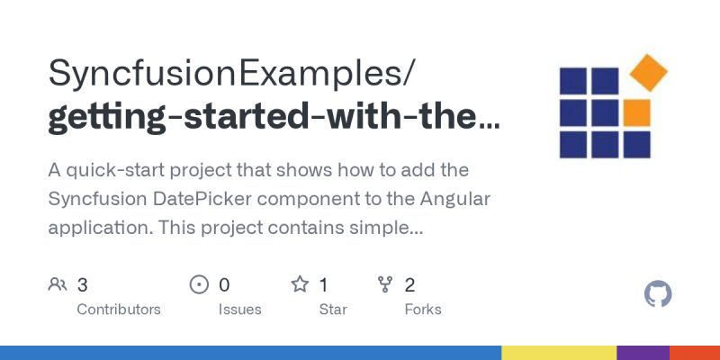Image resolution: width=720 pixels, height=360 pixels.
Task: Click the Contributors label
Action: click(119, 309)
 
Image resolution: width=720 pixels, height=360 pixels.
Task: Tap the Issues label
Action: click(239, 309)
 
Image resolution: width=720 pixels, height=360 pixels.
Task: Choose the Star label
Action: click(334, 309)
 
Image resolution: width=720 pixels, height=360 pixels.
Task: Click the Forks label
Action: click(423, 309)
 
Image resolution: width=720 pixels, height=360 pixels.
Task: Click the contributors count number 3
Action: click(82, 285)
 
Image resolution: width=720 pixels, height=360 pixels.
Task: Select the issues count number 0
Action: click(224, 285)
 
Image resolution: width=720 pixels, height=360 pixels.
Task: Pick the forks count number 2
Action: click(409, 285)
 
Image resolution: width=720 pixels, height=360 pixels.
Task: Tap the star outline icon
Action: click(300, 285)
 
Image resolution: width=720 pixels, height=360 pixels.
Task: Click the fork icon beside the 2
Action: click(385, 285)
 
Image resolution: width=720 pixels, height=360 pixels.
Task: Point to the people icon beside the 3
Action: click(58, 285)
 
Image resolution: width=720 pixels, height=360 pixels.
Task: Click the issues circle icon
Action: click(199, 285)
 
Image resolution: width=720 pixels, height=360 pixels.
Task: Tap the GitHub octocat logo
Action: click(659, 294)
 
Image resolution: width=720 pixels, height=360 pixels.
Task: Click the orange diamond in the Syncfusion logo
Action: click(648, 73)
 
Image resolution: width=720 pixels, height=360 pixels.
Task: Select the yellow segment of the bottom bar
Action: click(558, 353)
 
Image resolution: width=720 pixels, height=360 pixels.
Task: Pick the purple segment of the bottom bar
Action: click(643, 353)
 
